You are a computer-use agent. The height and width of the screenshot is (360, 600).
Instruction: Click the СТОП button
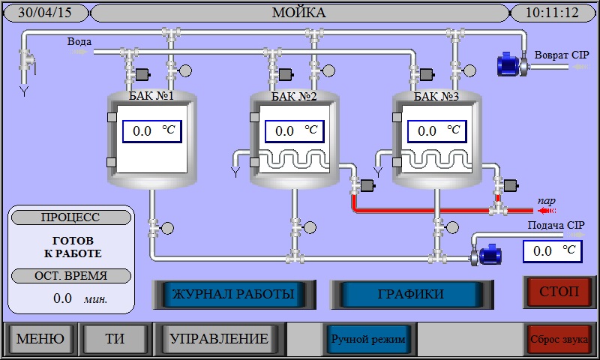pos(559,292)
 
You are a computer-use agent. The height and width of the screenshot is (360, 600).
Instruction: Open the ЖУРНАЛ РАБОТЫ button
pos(232,294)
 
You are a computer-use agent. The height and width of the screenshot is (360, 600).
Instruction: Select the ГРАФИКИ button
pos(410,294)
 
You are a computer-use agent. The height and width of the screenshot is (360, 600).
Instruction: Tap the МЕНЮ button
pos(40,339)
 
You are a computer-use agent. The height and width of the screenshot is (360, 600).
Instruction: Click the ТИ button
pos(115,339)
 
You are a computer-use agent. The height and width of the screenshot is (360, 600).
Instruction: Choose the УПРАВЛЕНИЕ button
pos(219,339)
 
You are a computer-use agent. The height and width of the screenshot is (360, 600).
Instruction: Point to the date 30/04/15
pos(44,13)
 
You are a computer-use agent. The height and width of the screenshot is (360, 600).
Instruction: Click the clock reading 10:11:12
pos(552,13)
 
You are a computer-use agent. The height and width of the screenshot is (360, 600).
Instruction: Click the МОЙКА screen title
pos(298,13)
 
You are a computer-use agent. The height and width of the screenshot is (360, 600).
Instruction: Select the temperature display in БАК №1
pos(153,131)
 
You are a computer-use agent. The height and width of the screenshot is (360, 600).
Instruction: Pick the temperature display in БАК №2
pos(295,131)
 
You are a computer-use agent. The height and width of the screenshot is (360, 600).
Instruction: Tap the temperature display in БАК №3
pos(437,131)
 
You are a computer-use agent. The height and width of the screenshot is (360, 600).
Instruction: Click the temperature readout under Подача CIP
pos(552,251)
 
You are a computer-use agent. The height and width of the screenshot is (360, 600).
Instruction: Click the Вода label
pos(79,42)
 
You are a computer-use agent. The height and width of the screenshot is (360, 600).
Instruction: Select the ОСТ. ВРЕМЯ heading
pos(70,275)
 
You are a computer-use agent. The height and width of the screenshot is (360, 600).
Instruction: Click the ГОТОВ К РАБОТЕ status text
pos(73,247)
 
